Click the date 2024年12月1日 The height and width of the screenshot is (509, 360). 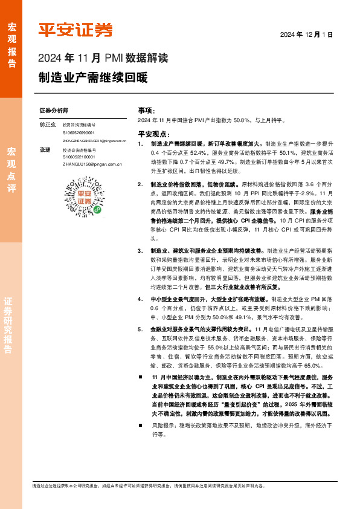[x=306, y=35]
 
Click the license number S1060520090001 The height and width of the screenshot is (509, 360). [x=79, y=132]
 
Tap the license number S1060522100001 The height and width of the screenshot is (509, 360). [x=79, y=156]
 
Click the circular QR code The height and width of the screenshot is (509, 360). [x=79, y=197]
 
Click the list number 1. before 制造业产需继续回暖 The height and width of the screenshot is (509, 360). [x=140, y=145]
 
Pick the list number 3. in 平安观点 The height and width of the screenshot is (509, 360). [x=140, y=250]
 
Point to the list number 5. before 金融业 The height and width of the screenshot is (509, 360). [x=140, y=328]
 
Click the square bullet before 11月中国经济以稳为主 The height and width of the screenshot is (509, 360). [x=140, y=377]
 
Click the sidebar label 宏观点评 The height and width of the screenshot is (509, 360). [x=11, y=169]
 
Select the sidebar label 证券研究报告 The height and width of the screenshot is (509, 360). [x=11, y=327]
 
